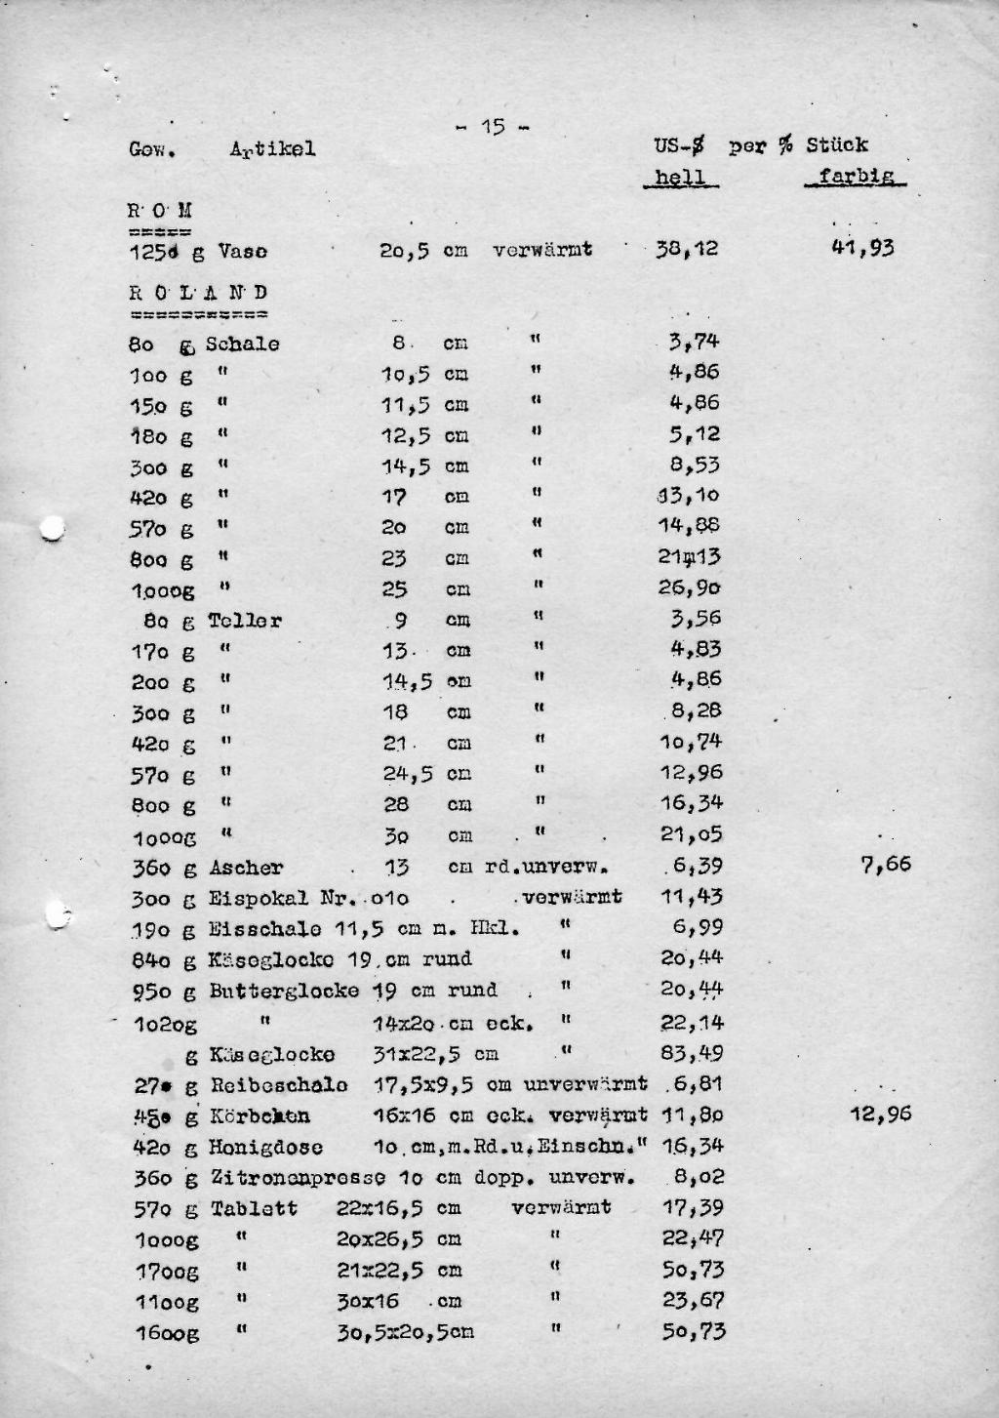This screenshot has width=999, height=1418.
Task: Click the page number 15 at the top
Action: pos(493,127)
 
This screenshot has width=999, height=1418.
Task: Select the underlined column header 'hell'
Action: pos(680,177)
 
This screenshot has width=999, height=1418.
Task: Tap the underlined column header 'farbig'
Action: pos(857,177)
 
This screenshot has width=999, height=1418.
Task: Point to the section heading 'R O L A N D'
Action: pos(198,293)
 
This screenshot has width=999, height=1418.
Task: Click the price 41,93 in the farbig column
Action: pos(862,248)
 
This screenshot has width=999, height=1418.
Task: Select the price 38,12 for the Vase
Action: pos(687,249)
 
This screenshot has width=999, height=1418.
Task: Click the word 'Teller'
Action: pos(245,621)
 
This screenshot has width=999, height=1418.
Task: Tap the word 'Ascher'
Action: pos(246,868)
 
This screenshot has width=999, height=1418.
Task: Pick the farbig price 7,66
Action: pos(886,864)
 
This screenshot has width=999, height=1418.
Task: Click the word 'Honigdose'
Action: pos(266,1148)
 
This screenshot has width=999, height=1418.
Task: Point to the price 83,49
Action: pos(693,1053)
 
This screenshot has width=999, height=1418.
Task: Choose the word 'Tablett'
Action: pos(254,1209)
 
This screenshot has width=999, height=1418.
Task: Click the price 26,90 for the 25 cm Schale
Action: pos(691,588)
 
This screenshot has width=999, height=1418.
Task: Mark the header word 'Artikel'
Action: pos(272,149)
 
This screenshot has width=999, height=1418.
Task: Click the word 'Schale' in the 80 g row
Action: pos(242,344)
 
